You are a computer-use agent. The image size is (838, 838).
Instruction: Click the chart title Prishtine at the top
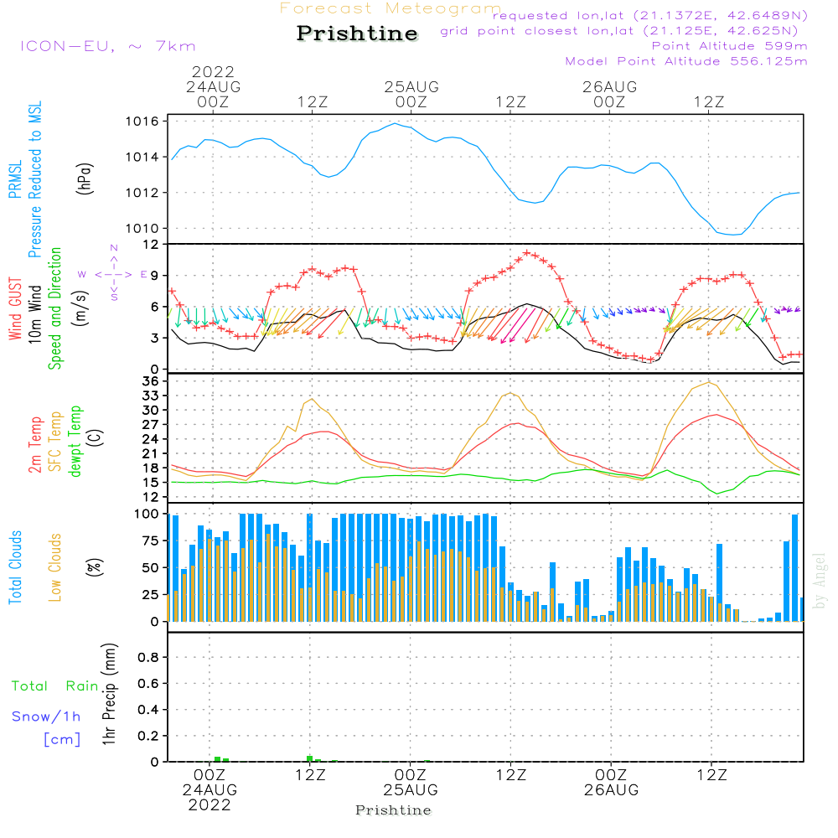[357, 34]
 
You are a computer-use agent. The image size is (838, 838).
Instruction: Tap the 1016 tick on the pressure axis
[142, 122]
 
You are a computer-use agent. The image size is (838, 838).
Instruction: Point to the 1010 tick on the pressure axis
[142, 228]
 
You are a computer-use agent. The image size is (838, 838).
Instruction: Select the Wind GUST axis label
[15, 308]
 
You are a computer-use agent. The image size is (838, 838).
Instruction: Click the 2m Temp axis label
[35, 445]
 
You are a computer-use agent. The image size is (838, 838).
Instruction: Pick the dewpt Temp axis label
[75, 441]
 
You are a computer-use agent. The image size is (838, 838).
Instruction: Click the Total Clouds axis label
[15, 567]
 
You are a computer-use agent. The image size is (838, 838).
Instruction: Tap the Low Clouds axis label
[55, 567]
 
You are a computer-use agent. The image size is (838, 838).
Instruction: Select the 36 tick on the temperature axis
[151, 381]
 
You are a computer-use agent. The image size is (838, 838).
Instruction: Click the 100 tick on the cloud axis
[147, 514]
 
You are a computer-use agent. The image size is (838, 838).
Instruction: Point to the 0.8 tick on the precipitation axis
[148, 657]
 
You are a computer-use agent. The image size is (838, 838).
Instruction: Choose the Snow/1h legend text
[46, 716]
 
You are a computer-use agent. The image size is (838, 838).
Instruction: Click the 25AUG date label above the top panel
[411, 87]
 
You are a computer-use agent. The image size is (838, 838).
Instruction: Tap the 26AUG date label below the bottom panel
[612, 790]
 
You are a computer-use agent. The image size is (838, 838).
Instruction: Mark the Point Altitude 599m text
[730, 46]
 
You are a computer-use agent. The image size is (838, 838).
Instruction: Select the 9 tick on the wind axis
[155, 276]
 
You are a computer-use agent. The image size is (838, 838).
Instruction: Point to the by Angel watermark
[819, 581]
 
